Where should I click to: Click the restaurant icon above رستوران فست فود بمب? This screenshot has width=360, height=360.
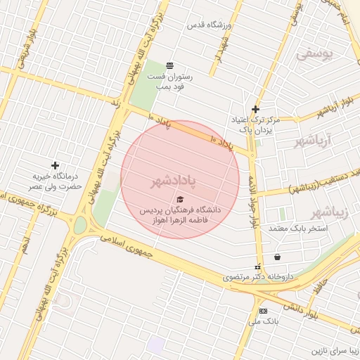click(169, 65)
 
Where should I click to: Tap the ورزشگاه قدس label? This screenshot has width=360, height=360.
click(208, 25)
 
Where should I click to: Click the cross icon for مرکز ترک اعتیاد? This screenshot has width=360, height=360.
click(255, 109)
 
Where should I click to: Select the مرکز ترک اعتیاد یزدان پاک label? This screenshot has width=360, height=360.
click(255, 125)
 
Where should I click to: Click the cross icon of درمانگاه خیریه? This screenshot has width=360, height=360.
click(55, 165)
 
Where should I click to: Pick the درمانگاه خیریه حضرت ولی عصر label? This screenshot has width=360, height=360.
click(55, 181)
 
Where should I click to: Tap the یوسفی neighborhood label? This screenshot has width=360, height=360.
click(312, 53)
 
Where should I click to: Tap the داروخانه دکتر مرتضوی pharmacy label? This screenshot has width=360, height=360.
click(257, 277)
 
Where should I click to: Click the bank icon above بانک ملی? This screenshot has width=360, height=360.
click(263, 311)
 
